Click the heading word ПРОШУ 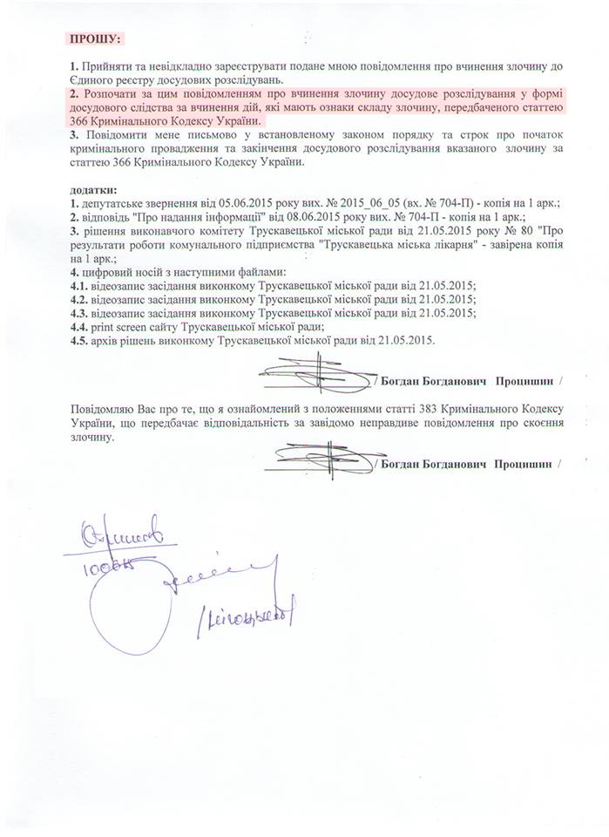click(95, 38)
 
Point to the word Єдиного click(93, 80)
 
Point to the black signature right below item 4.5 click(318, 377)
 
